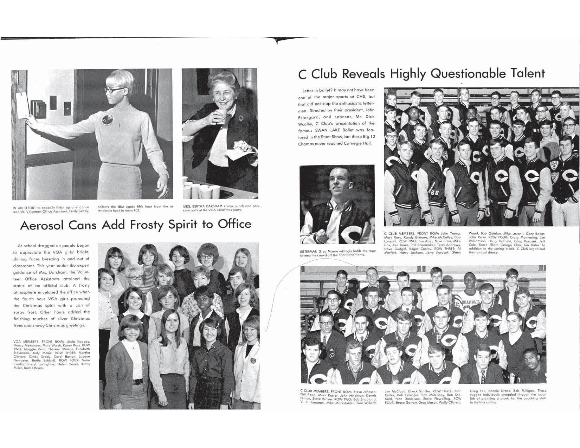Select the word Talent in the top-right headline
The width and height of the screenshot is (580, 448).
[x=526, y=73]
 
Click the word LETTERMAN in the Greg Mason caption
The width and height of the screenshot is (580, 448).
[x=309, y=251]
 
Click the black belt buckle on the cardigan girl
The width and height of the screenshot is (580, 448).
[x=138, y=382]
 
